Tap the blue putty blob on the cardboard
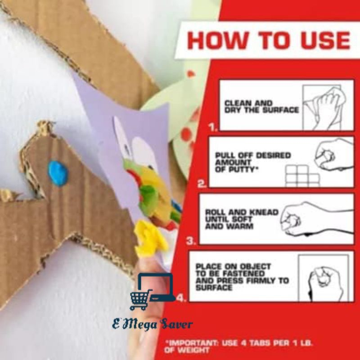pos(58,173)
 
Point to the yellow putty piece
pos(150,239)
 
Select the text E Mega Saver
pos(153,324)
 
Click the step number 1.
pos(213,127)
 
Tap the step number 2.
pos(202,184)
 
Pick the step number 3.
pos(191,241)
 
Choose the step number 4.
pos(182,298)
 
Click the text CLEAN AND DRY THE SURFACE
pos(262,107)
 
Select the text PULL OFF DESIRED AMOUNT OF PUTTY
pos(253,162)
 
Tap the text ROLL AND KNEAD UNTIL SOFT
pos(242,216)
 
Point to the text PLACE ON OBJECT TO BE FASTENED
pos(233,270)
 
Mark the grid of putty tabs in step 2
pos(302,176)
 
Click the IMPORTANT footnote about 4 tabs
pos(238,346)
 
